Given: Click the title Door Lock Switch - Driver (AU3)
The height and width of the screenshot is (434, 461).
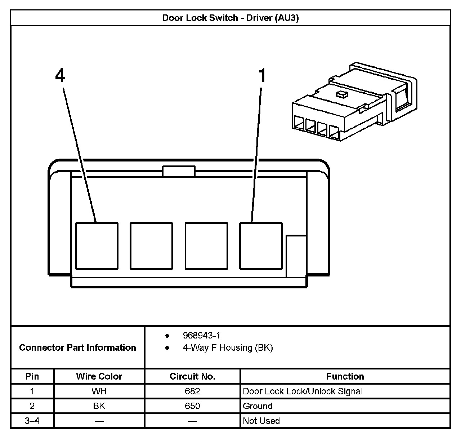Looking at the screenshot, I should coord(230,18).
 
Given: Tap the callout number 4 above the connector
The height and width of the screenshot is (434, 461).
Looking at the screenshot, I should coord(60,76).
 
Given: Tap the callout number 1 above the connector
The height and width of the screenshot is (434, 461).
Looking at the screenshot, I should coord(263,76).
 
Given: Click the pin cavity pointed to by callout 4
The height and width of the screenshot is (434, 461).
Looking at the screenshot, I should coord(97,245).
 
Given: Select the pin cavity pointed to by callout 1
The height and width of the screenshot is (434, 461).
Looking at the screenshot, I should coord(261,245).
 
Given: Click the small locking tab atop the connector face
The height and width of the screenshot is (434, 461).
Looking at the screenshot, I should coord(179,171).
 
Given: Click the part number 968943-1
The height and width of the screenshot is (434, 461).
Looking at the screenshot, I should coord(201,336).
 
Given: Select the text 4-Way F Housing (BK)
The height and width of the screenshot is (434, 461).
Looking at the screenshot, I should coord(228,347).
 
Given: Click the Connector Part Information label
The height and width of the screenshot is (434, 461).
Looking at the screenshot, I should coord(77,347).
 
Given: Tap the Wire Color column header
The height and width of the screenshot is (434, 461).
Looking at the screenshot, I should coord(99,376).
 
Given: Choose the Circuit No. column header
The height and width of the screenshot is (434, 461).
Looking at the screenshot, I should coord(192,376).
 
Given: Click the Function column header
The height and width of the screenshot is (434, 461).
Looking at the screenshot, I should coord(345,376).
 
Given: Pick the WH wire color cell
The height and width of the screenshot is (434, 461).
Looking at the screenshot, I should coord(99,391).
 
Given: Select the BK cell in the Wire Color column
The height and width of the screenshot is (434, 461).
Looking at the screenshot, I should coord(99,406).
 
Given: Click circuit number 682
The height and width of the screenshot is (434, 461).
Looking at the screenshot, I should coord(192,391).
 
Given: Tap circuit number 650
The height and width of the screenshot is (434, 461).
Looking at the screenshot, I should coord(192,406).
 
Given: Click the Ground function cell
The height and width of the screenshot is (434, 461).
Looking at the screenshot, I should coord(258,406).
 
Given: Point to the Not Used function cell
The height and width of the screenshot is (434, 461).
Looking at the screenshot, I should coord(261,421).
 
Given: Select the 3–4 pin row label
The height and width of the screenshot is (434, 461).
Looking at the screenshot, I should coord(32,421).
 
